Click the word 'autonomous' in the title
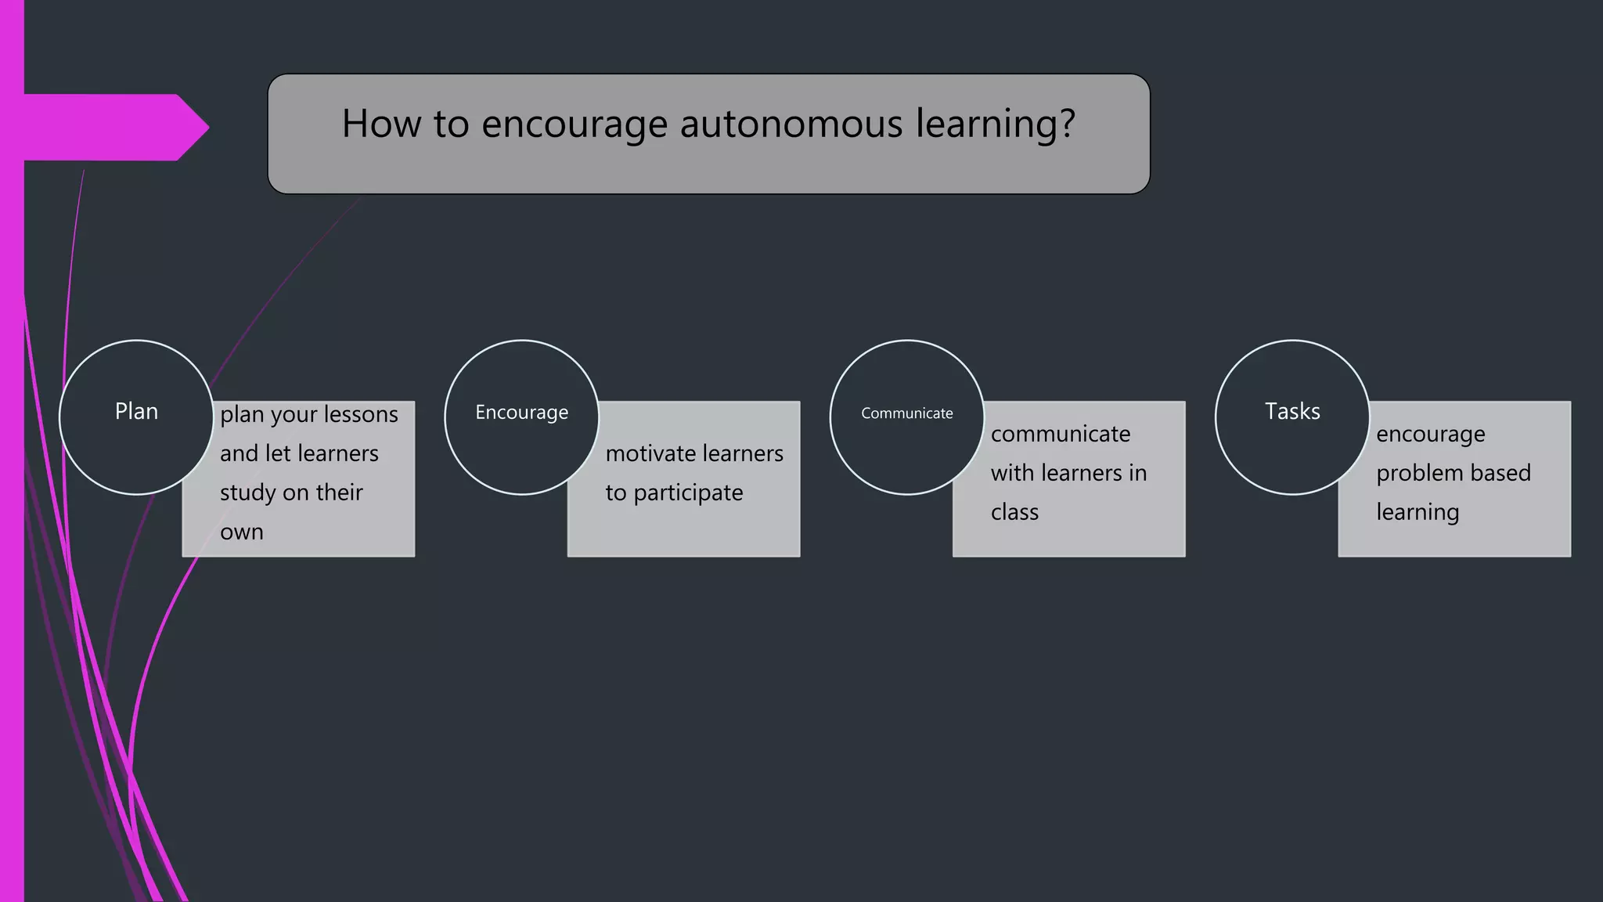point(791,124)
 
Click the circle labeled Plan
point(136,417)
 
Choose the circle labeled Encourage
point(521,417)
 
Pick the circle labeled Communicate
point(906,417)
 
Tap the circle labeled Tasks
point(1292,417)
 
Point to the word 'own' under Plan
point(242,532)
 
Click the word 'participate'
point(688,493)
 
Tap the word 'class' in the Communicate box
point(1014,512)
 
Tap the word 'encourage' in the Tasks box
point(1430,435)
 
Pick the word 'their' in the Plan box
point(340,492)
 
